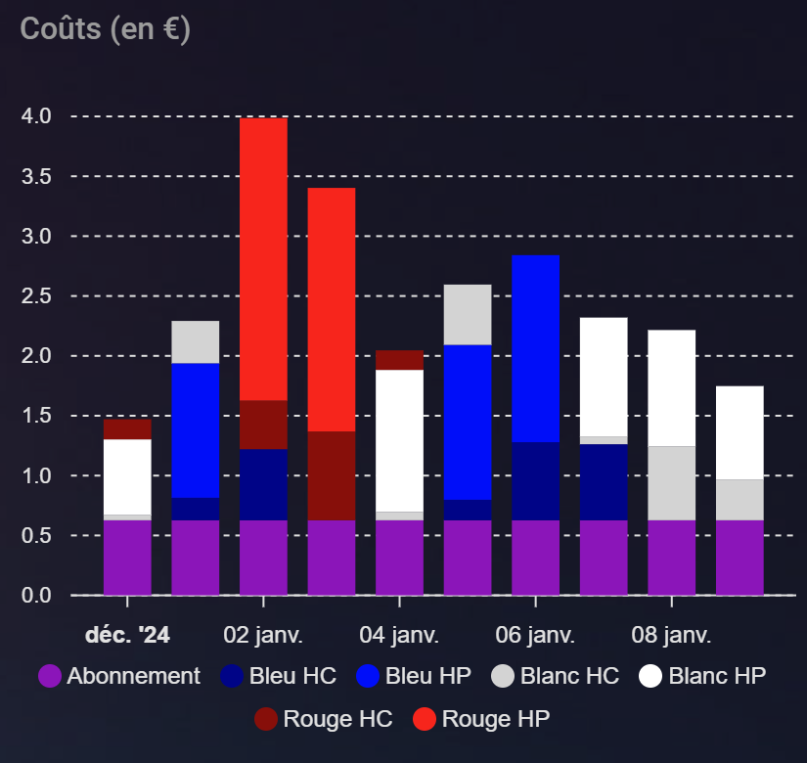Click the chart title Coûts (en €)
pos(106,28)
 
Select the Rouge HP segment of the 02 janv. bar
pos(263,258)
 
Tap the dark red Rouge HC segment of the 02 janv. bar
pos(263,425)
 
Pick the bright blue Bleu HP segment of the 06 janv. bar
pos(535,348)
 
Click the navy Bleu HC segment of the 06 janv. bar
pos(535,480)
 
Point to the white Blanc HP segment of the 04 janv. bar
pos(399,440)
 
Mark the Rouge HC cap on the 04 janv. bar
pos(399,360)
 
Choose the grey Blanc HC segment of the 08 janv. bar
pos(671,482)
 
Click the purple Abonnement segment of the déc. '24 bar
pos(127,557)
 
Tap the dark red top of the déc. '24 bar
pos(127,429)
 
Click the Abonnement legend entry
pos(119,676)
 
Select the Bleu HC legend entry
pos(279,676)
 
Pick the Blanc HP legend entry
pos(701,676)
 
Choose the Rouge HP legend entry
pos(481,719)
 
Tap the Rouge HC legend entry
pos(324,719)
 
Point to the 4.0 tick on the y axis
pos(38,116)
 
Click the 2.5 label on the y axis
pos(38,296)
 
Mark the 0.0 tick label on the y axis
pos(38,596)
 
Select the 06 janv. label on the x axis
pos(535,635)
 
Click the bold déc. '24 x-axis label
pos(127,635)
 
